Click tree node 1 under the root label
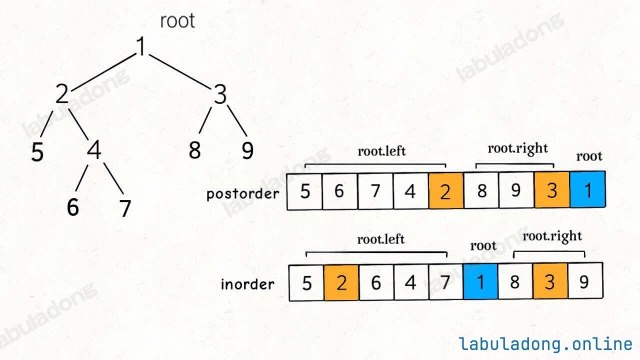[x=142, y=47]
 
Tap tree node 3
[x=220, y=94]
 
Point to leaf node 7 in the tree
[x=125, y=208]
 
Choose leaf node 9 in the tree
[x=247, y=150]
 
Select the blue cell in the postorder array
[x=587, y=190]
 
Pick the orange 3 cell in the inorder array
[x=549, y=282]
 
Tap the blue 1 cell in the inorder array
[x=480, y=282]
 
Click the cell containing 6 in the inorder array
[x=376, y=282]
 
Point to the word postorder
[x=243, y=193]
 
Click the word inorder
[x=247, y=284]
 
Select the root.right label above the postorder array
[x=517, y=148]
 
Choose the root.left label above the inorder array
[x=380, y=239]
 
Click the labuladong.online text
[x=545, y=344]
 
